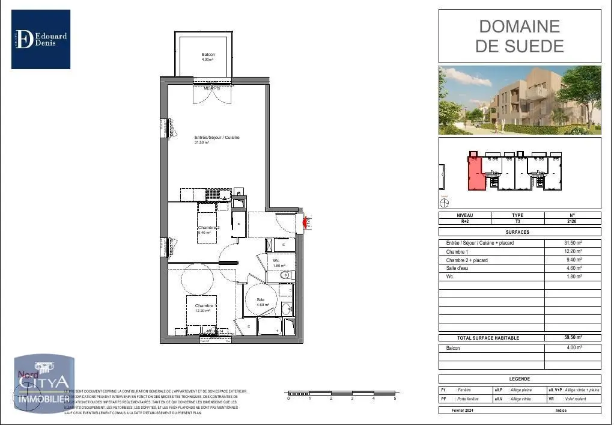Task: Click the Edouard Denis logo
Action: pos(41,39)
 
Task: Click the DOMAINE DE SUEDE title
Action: pos(519,36)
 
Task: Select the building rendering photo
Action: pos(519,100)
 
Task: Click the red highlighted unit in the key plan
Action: pos(475,174)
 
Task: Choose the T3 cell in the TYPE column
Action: pos(517,221)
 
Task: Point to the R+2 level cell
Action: pos(464,221)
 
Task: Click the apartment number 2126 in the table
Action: pos(572,221)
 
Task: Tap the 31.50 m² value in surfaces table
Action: pos(572,243)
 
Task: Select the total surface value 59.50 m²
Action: pos(572,338)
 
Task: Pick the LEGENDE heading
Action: pos(519,379)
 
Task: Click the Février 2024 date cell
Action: pos(464,410)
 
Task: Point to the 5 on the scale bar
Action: pos(395,399)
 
